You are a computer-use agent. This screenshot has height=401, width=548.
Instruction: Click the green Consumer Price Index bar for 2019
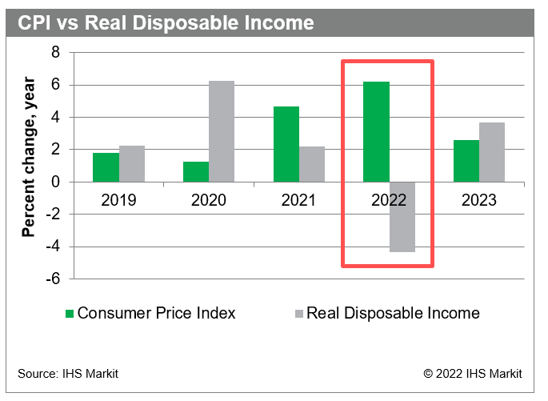coord(106,167)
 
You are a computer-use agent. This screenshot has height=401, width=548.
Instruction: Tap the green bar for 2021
coord(286,144)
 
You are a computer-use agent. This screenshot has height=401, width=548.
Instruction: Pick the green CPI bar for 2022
coord(376,132)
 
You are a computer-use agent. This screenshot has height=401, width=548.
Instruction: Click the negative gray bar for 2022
coord(402,217)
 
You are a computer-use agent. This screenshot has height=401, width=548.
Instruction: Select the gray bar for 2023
coord(492,152)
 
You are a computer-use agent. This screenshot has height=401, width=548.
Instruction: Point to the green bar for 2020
coord(196,172)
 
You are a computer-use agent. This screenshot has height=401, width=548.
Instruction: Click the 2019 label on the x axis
coord(118,200)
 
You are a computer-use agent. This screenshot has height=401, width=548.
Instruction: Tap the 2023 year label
coord(479,200)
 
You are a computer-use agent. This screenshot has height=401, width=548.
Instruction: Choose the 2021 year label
coord(298,200)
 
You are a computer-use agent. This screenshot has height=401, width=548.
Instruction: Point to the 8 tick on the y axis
coord(56,53)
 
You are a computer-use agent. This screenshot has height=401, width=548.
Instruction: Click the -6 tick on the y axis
coord(53,279)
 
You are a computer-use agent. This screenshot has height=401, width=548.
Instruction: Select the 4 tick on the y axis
coord(56,118)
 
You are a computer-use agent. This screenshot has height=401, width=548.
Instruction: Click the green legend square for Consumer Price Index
coord(70,313)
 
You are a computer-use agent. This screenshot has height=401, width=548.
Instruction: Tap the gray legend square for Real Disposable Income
coord(297,313)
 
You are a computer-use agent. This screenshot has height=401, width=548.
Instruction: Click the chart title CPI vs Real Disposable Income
coord(166,22)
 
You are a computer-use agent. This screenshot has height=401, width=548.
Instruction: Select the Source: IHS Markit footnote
coord(68,374)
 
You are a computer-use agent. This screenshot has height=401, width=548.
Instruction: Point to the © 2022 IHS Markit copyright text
coord(473,374)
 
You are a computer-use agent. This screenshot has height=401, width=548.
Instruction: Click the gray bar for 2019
coord(131,164)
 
